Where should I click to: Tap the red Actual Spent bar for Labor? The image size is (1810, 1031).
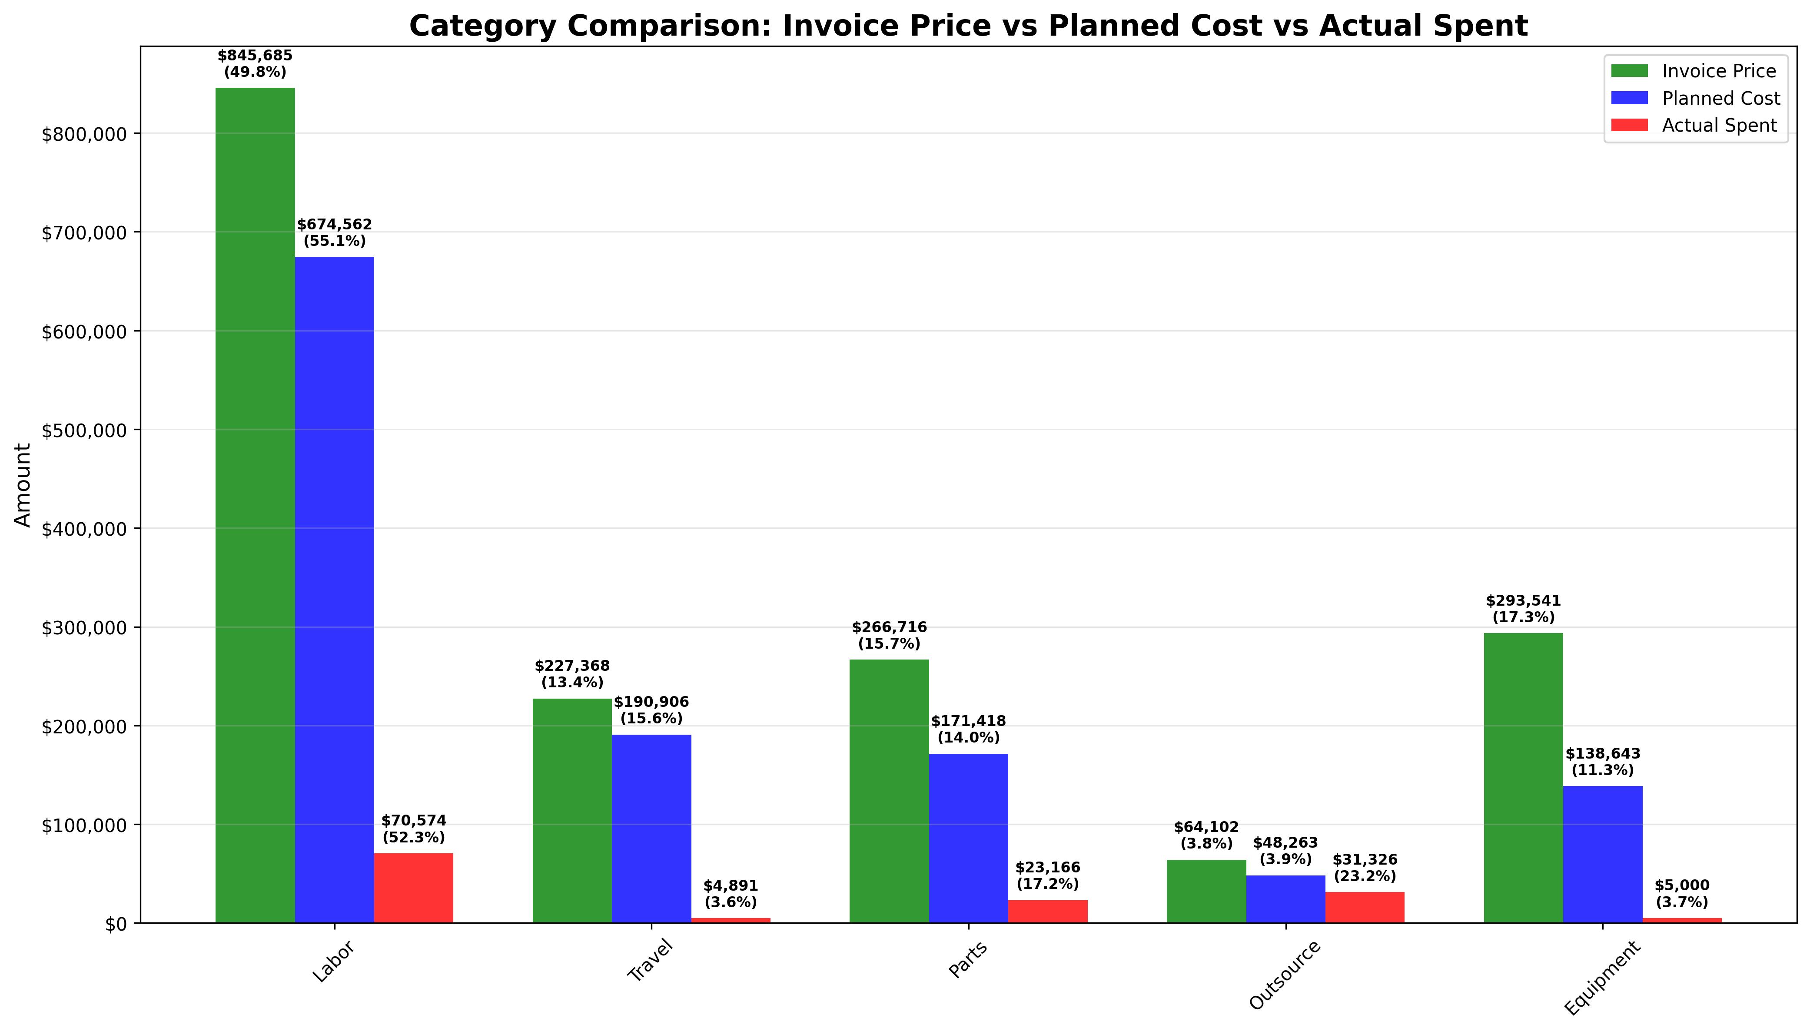point(414,888)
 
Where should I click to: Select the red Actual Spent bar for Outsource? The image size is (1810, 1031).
point(1365,907)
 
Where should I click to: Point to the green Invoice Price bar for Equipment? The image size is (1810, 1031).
point(1523,778)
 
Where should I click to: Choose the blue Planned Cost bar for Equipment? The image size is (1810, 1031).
point(1603,854)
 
